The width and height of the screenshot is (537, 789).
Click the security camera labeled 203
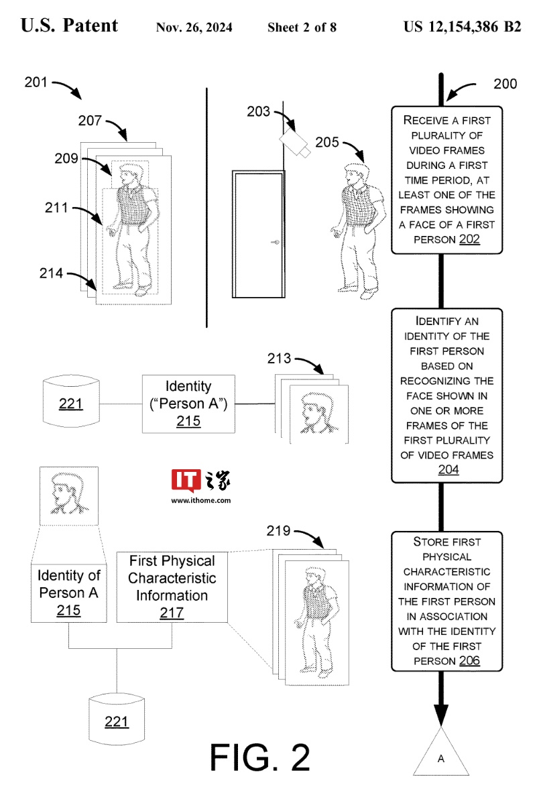(294, 142)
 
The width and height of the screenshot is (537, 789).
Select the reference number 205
(326, 143)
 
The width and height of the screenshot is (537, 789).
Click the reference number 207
(90, 121)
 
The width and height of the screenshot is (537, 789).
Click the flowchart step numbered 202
(446, 180)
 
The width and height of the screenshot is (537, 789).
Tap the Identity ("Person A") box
(188, 404)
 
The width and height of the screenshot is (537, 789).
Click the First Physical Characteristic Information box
(172, 587)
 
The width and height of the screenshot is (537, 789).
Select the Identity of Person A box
(69, 592)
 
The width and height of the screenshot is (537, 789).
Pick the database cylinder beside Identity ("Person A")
(70, 403)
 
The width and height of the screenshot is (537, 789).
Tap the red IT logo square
(183, 481)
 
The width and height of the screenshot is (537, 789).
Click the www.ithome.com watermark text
(201, 500)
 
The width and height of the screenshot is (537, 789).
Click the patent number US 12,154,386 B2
(462, 27)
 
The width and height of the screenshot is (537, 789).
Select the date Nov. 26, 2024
(194, 27)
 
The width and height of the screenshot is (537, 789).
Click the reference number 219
(279, 531)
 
